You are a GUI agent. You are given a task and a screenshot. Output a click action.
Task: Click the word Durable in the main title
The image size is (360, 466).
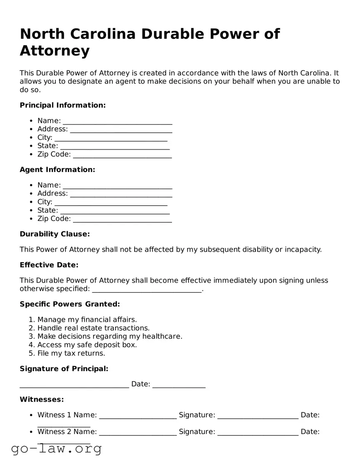[x=174, y=34]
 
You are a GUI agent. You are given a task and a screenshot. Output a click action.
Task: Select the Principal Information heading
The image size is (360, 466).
[x=63, y=105]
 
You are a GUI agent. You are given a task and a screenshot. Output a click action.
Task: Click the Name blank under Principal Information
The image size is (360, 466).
[x=117, y=121]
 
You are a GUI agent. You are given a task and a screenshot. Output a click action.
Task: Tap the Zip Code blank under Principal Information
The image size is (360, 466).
[x=122, y=155]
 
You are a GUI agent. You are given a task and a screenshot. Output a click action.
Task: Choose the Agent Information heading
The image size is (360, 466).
[x=57, y=170]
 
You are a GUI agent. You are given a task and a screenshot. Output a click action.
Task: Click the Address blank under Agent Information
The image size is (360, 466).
[x=121, y=194]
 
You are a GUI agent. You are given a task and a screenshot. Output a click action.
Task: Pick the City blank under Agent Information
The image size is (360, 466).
[x=111, y=202]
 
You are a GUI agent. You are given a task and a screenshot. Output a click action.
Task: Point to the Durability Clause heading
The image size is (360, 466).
[x=55, y=234]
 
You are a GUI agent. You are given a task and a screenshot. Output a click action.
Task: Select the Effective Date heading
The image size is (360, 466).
[x=49, y=265]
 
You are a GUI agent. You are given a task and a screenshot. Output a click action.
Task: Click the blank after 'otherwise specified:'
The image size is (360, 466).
[x=147, y=290]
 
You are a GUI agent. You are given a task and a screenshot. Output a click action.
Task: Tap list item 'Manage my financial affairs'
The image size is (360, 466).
[x=87, y=320]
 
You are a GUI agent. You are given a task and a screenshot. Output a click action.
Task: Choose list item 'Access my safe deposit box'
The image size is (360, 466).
[x=87, y=345]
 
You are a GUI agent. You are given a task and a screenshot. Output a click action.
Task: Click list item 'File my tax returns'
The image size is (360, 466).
[x=71, y=353]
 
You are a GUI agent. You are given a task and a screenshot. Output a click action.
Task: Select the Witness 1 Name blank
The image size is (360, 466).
[x=138, y=416]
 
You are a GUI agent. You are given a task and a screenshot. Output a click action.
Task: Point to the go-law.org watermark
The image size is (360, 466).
[x=56, y=448]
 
